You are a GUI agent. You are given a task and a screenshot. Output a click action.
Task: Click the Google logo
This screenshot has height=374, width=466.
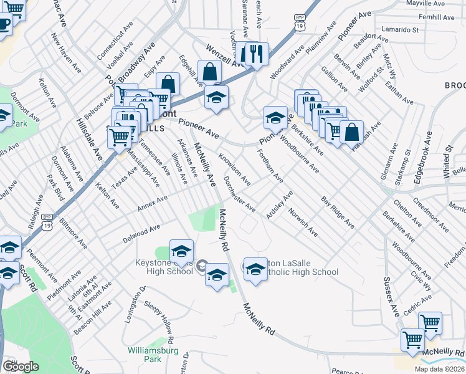pos(21,367)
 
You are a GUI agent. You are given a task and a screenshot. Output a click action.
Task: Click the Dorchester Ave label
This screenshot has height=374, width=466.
pos(239,193)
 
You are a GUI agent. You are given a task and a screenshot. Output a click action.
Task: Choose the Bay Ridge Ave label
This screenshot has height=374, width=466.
pos(338,212)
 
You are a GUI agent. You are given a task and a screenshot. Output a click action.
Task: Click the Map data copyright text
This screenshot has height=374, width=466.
pos(439,369)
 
